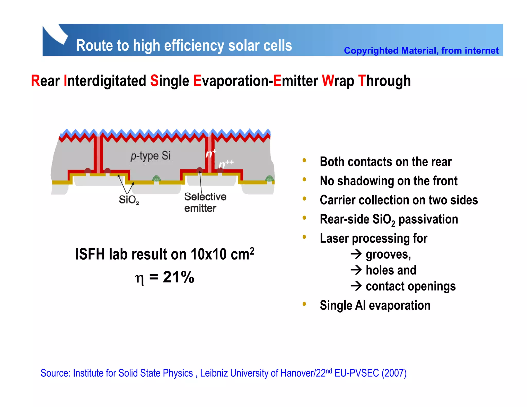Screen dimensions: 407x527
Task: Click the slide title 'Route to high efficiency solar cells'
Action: click(184, 46)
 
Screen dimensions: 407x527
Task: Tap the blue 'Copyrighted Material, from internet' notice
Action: click(421, 51)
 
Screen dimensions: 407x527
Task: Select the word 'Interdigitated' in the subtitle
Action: click(105, 81)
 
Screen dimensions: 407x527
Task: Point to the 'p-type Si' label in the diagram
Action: click(151, 156)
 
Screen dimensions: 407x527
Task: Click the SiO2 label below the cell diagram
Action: click(128, 200)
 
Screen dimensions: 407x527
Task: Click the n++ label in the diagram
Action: click(226, 164)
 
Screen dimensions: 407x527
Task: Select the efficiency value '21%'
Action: click(178, 277)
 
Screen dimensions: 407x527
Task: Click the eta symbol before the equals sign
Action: click(139, 278)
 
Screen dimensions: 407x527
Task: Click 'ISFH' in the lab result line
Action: click(90, 254)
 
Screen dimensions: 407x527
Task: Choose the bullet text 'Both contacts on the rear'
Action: click(385, 162)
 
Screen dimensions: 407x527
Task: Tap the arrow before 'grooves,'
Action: click(356, 254)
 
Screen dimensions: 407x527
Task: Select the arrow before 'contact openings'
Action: click(356, 286)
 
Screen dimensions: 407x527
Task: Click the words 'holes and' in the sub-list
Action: click(391, 270)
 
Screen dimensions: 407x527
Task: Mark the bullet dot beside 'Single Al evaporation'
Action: click(304, 304)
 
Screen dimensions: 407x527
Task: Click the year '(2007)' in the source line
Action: click(394, 373)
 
